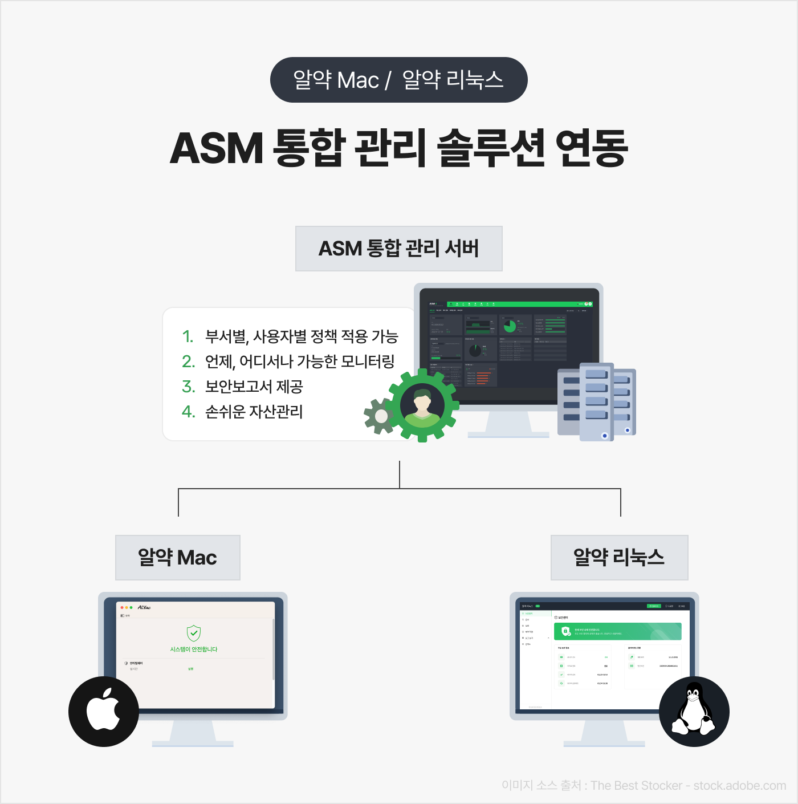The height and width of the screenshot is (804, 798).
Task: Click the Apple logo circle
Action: tap(104, 711)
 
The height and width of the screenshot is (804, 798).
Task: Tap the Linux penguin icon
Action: tap(694, 711)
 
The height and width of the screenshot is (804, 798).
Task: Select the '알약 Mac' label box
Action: tap(178, 558)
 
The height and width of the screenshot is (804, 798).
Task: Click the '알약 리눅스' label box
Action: tap(619, 558)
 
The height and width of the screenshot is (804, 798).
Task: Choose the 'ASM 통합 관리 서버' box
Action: tap(398, 249)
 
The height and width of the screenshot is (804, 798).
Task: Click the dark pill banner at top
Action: tap(398, 80)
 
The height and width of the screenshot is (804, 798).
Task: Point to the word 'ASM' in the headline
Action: tap(217, 148)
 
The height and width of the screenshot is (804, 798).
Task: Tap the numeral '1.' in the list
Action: tap(188, 336)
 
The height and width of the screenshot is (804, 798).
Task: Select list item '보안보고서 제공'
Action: tap(254, 387)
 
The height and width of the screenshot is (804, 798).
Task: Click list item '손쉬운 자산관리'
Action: tap(254, 412)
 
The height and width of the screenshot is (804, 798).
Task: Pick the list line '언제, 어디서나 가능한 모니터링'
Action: tap(300, 362)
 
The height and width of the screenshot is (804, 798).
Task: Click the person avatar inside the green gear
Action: tap(422, 405)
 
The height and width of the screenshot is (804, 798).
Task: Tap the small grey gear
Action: tap(381, 416)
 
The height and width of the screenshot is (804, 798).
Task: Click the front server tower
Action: tap(596, 402)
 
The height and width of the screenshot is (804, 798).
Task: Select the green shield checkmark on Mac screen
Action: tap(194, 633)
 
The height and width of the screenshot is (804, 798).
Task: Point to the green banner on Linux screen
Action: tap(617, 631)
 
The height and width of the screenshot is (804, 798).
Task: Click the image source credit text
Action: tap(644, 786)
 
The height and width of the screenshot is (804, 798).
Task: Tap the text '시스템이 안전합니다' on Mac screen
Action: tap(194, 649)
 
